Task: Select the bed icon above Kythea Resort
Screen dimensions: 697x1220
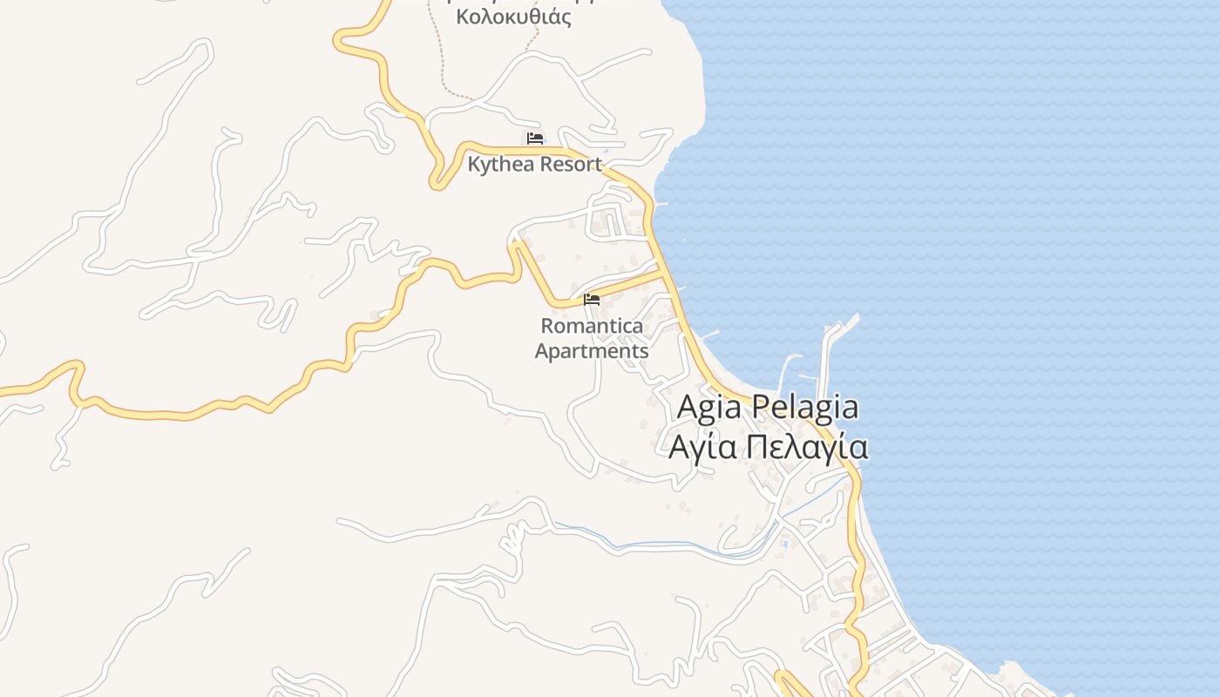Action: point(535,138)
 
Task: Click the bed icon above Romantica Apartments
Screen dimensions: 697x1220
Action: point(592,300)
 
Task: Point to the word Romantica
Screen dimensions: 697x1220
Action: point(592,327)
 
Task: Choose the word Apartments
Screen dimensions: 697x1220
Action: point(592,351)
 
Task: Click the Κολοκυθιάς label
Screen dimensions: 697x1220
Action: point(513,17)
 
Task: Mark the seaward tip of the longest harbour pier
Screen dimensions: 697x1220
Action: point(857,318)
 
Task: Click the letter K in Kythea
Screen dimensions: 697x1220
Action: point(474,164)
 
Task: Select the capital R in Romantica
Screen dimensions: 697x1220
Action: point(547,327)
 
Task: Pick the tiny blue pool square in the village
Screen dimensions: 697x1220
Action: point(785,545)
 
